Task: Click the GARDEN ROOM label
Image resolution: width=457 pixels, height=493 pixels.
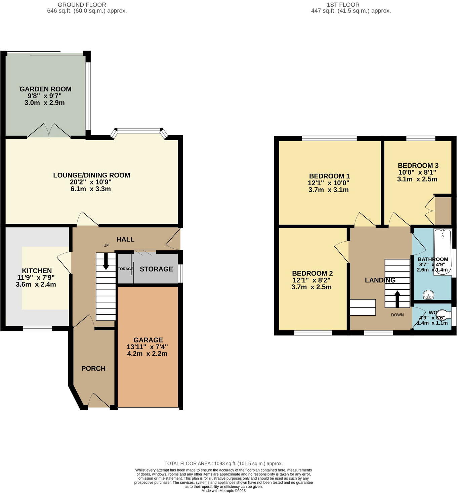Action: pyautogui.click(x=45, y=89)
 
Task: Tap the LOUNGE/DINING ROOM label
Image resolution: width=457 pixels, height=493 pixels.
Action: pyautogui.click(x=91, y=175)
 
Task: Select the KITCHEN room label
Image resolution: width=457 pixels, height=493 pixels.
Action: pyautogui.click(x=37, y=271)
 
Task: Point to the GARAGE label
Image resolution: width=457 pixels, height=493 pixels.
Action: pyautogui.click(x=148, y=340)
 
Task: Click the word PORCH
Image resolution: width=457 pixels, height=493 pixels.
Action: pyautogui.click(x=93, y=369)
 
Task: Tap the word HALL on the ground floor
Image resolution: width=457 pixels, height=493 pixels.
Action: pyautogui.click(x=125, y=239)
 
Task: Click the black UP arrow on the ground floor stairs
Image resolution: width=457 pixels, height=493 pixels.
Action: pyautogui.click(x=106, y=261)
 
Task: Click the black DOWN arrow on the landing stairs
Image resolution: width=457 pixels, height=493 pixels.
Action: pyautogui.click(x=397, y=298)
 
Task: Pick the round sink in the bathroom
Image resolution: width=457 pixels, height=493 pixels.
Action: pyautogui.click(x=428, y=295)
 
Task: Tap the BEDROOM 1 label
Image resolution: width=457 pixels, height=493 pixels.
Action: pyautogui.click(x=329, y=176)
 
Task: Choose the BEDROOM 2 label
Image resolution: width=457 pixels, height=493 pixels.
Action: pyautogui.click(x=312, y=274)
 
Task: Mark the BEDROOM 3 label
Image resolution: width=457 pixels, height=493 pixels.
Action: pyautogui.click(x=418, y=166)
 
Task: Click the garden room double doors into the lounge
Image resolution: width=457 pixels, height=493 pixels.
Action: pyautogui.click(x=49, y=131)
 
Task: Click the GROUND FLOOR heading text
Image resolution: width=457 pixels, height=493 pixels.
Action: pyautogui.click(x=82, y=5)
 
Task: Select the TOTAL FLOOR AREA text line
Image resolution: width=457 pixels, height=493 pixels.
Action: pyautogui.click(x=223, y=463)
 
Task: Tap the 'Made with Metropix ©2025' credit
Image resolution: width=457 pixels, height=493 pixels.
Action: pyautogui.click(x=223, y=491)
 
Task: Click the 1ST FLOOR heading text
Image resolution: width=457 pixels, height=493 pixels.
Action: pyautogui.click(x=343, y=5)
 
